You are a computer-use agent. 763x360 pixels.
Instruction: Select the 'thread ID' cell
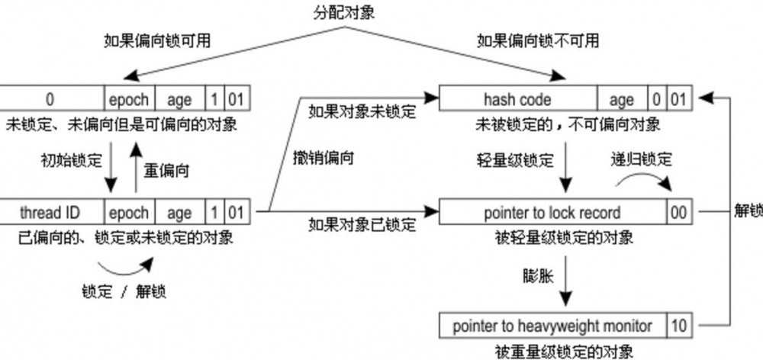pyautogui.click(x=50, y=212)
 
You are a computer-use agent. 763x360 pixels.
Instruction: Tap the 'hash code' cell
pyautogui.click(x=517, y=99)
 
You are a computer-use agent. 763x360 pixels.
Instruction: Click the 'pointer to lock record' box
pyautogui.click(x=552, y=212)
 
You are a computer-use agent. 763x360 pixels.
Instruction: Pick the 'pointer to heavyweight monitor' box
pyautogui.click(x=552, y=326)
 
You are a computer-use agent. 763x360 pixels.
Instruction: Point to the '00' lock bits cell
pyautogui.click(x=679, y=212)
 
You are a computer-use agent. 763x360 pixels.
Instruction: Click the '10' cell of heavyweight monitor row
pyautogui.click(x=679, y=326)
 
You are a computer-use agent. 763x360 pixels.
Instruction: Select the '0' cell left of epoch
pyautogui.click(x=50, y=99)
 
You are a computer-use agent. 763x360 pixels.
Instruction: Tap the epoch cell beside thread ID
pyautogui.click(x=129, y=212)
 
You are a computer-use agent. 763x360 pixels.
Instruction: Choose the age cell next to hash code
pyautogui.click(x=621, y=99)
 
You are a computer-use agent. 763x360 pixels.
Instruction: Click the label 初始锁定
pyautogui.click(x=70, y=161)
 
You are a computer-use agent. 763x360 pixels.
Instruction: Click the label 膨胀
pyautogui.click(x=532, y=273)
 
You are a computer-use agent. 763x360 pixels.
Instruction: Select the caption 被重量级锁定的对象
pyautogui.click(x=565, y=352)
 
